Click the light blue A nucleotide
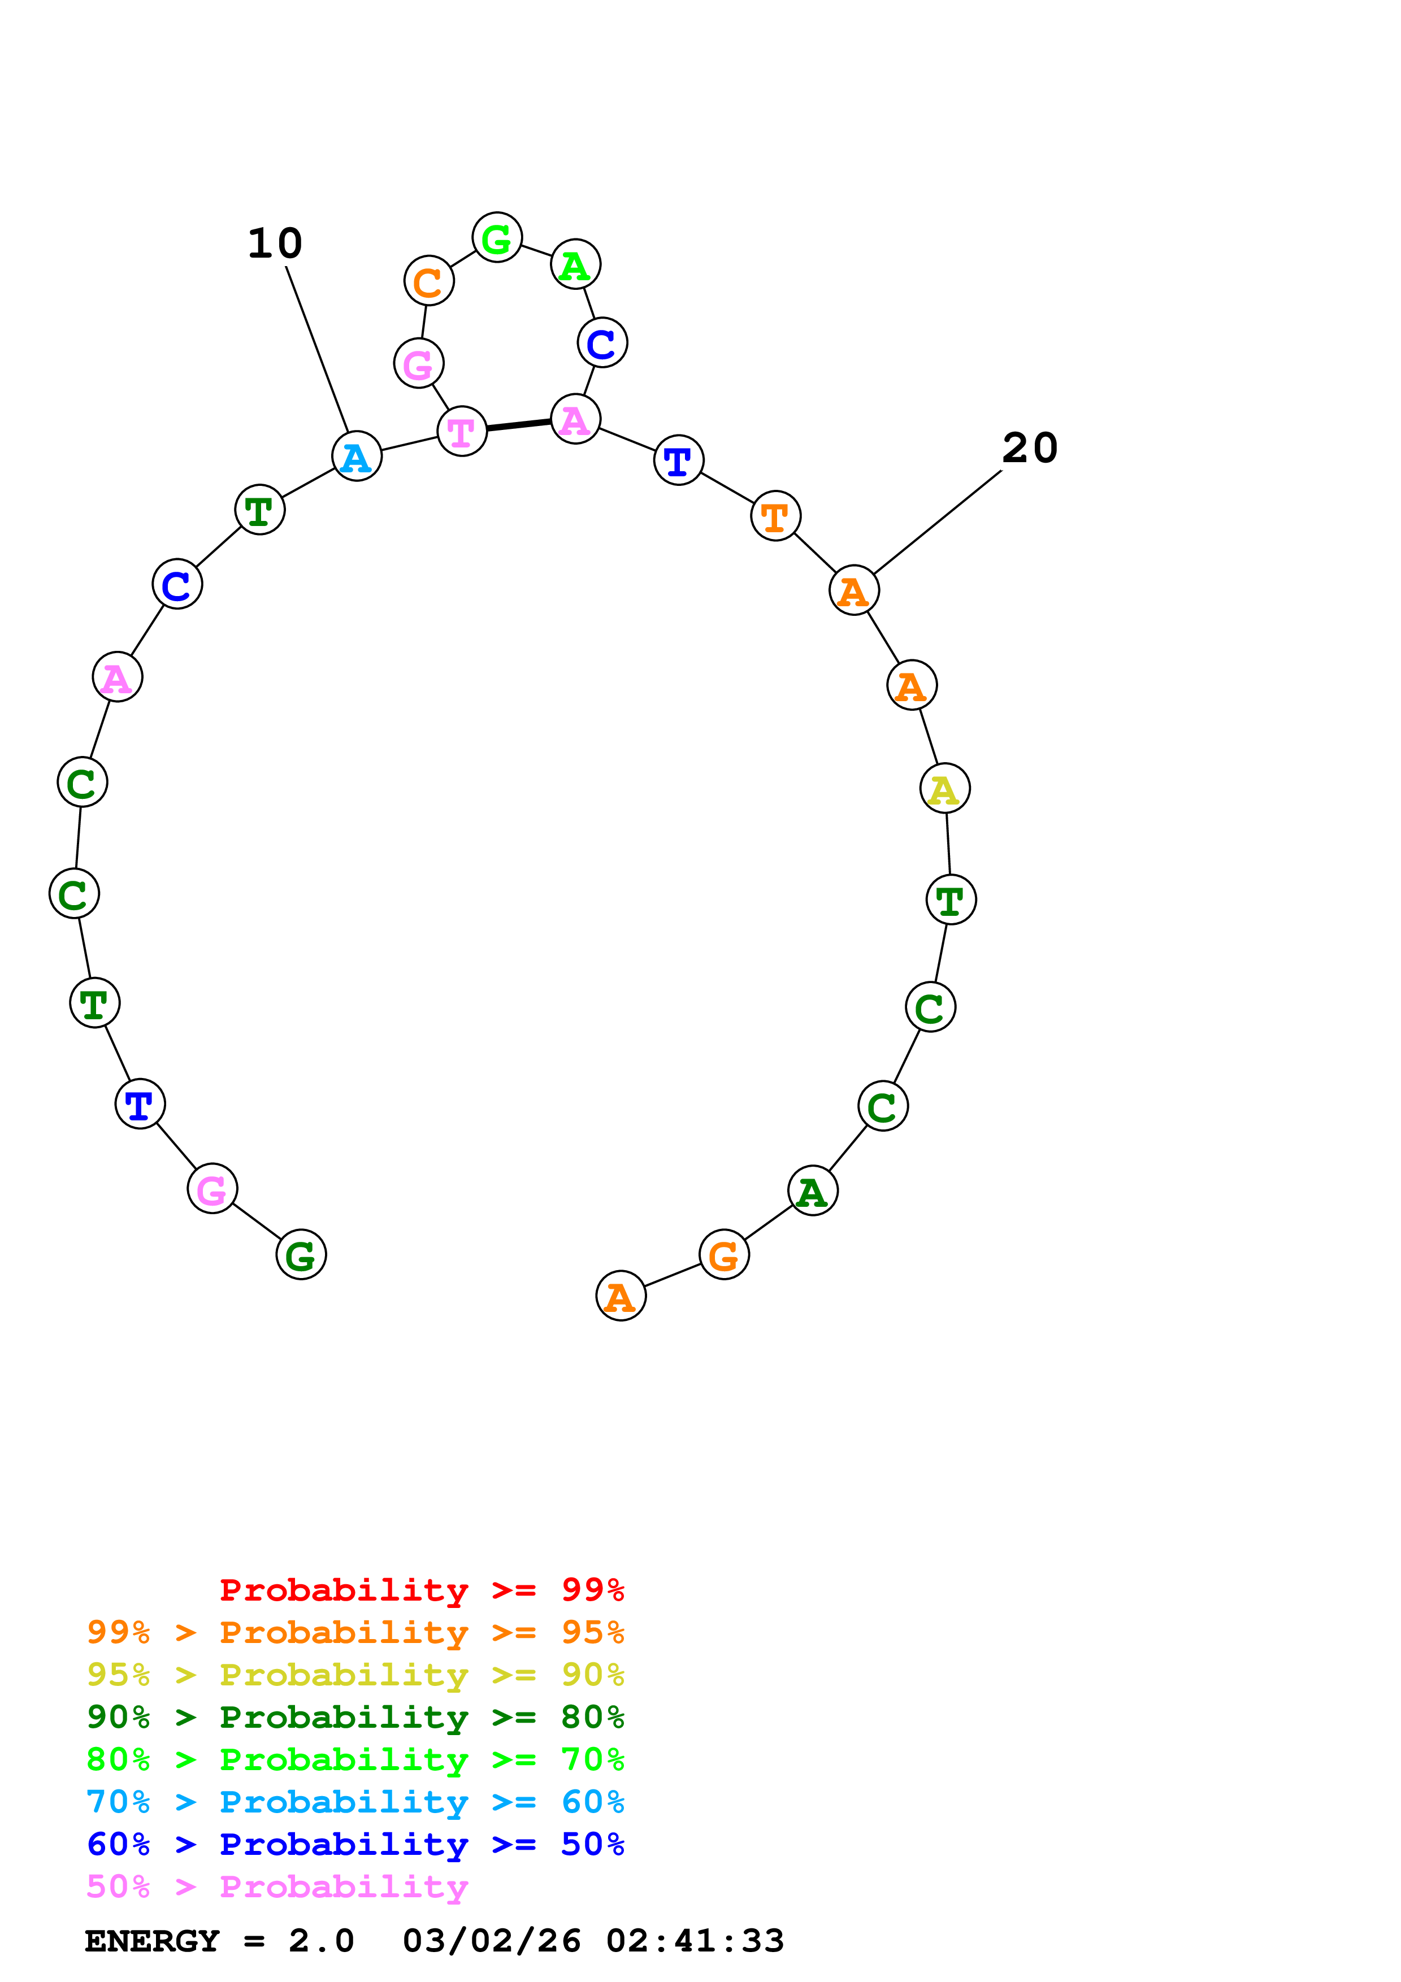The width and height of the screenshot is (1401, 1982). [357, 457]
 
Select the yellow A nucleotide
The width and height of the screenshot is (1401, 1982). [944, 788]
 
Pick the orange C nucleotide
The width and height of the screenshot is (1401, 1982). [428, 281]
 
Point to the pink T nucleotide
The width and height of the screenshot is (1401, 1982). [462, 432]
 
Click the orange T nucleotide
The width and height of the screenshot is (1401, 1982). [775, 516]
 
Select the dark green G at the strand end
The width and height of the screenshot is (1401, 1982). [301, 1255]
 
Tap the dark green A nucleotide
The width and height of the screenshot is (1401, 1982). [812, 1191]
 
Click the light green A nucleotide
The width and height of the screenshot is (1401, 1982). [575, 264]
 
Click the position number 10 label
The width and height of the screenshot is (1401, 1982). [275, 244]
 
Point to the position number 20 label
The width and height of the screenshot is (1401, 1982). [1029, 448]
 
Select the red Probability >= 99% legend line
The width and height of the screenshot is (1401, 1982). [421, 1590]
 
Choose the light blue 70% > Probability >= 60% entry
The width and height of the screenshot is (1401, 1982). [355, 1802]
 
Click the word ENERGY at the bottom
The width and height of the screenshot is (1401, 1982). [152, 1941]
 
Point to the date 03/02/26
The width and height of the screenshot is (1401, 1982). [492, 1941]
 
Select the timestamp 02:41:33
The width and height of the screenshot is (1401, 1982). [695, 1941]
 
